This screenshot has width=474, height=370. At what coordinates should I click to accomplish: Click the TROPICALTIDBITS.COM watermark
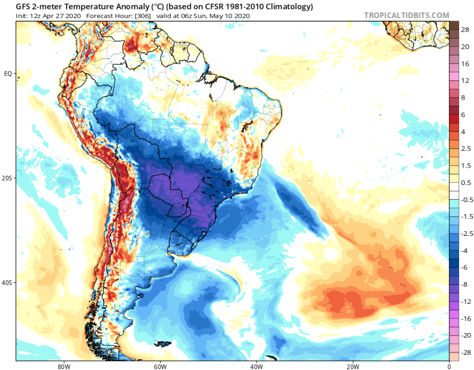click(407, 15)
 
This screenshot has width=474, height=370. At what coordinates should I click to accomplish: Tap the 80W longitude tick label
click(62, 366)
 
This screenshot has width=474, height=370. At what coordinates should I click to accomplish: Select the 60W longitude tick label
click(159, 366)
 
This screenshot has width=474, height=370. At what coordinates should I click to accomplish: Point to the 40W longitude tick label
click(256, 366)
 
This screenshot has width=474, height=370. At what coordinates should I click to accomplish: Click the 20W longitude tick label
click(353, 366)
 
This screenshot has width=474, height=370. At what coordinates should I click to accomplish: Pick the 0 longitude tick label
click(449, 366)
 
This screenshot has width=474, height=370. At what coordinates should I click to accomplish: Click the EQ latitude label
click(8, 74)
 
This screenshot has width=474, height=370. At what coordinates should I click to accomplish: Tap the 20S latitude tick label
click(8, 178)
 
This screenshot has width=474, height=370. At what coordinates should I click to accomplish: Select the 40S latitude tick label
click(8, 283)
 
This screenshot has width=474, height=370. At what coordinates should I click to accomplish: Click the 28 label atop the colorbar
click(465, 30)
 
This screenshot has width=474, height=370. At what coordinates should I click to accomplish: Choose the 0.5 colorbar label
click(465, 183)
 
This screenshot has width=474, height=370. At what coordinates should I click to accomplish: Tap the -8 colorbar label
click(465, 284)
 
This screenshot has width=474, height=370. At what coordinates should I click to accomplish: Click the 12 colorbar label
click(465, 80)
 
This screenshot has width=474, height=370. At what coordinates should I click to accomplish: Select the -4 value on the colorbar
click(465, 250)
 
